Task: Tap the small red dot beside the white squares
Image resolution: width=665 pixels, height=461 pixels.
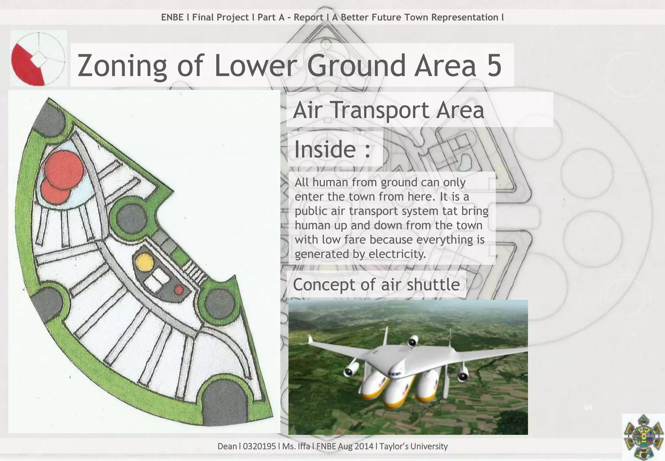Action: [179, 289]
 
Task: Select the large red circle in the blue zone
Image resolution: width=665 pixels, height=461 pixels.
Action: [63, 169]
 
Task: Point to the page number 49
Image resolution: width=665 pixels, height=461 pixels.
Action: [588, 407]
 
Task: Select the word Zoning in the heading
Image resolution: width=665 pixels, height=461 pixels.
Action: [122, 67]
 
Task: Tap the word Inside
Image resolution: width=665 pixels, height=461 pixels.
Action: [325, 149]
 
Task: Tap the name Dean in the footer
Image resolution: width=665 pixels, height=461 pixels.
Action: [227, 446]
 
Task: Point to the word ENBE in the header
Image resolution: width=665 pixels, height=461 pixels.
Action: [172, 17]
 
